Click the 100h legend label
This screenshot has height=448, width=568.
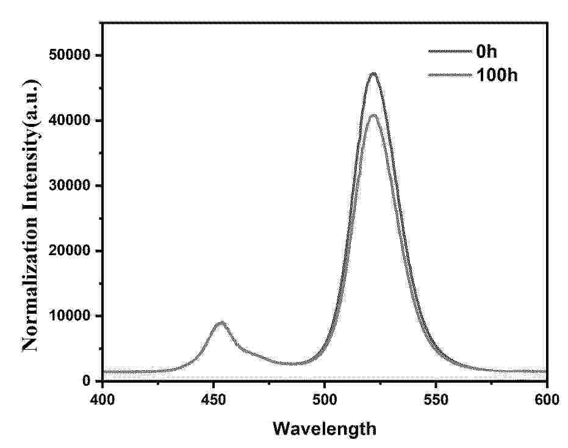pyautogui.click(x=497, y=76)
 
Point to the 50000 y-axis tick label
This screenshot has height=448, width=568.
pyautogui.click(x=69, y=56)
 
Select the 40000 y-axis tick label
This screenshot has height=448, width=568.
pyautogui.click(x=69, y=121)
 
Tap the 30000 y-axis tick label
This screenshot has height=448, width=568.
pyautogui.click(x=69, y=186)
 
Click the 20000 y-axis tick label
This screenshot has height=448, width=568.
pyautogui.click(x=69, y=251)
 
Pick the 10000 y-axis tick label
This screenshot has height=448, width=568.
pyautogui.click(x=69, y=316)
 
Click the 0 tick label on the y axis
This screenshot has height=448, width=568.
pyautogui.click(x=86, y=381)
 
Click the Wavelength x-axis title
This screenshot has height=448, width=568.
pyautogui.click(x=324, y=429)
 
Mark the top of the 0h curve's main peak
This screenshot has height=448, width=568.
pyautogui.click(x=373, y=74)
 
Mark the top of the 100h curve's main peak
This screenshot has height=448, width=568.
pyautogui.click(x=373, y=115)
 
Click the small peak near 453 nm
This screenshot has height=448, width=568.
pyautogui.click(x=221, y=322)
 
